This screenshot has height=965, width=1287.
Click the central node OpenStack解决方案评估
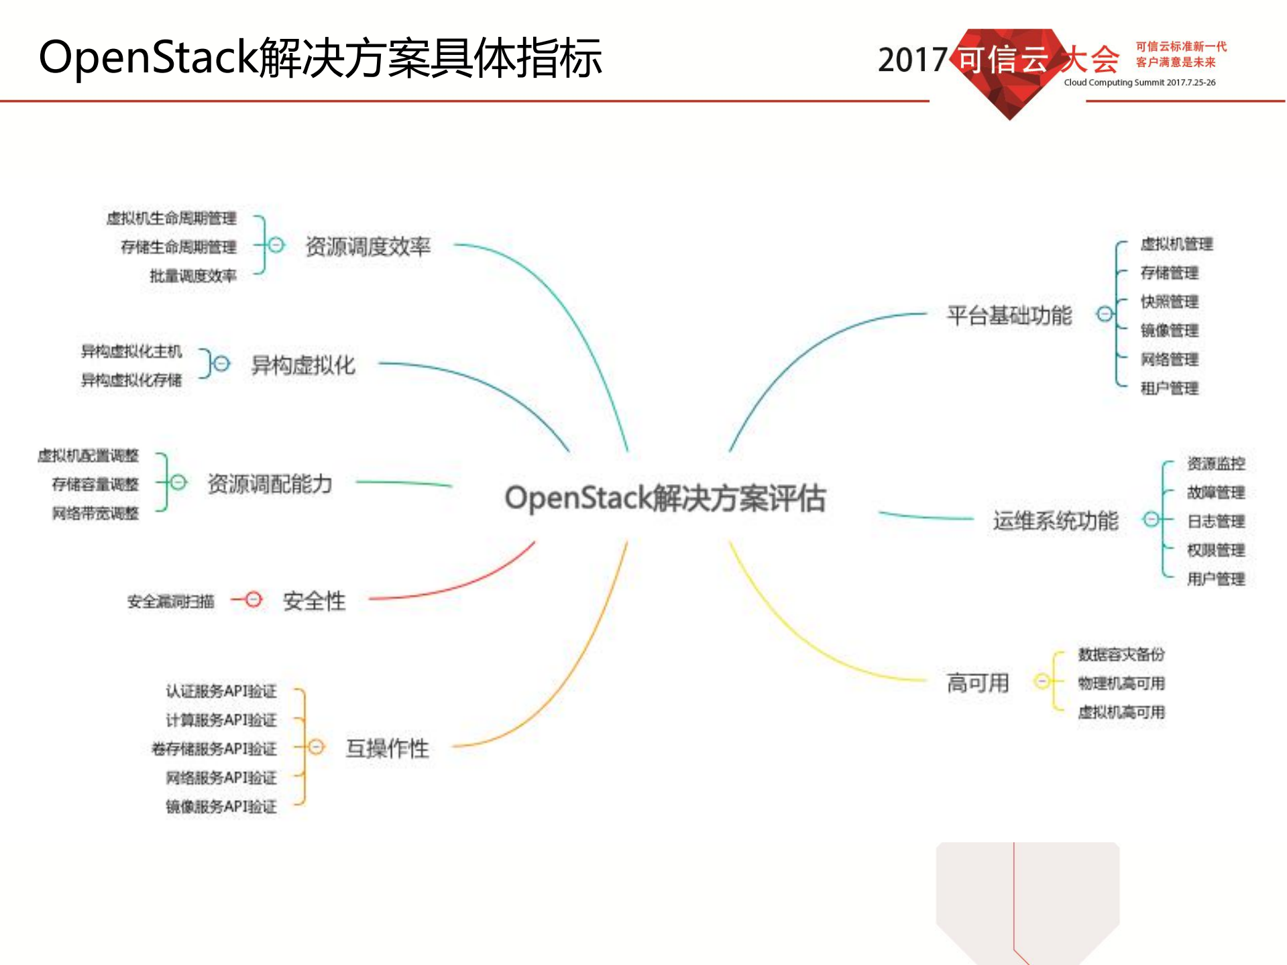[x=665, y=498]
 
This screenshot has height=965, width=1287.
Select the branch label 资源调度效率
[x=368, y=247]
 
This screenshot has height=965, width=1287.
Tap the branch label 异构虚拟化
[x=302, y=365]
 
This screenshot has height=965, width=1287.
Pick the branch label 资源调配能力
[x=270, y=484]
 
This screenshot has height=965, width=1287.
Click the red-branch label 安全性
[x=314, y=601]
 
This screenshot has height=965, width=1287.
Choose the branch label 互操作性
[x=387, y=748]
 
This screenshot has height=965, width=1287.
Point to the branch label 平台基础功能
[x=1009, y=315]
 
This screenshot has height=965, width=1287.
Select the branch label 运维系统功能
[x=1055, y=520]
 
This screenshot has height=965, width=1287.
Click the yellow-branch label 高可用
[x=977, y=683]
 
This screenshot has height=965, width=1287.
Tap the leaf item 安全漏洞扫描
[x=171, y=602]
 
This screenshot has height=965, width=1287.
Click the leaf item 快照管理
[x=1169, y=302]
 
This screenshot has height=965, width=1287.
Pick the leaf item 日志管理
[x=1215, y=521]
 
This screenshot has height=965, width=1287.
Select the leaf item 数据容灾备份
[x=1121, y=655]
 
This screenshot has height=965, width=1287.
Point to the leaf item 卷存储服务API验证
[x=214, y=748]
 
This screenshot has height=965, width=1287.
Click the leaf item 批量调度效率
[x=192, y=276]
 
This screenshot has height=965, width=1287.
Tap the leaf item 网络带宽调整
[x=95, y=513]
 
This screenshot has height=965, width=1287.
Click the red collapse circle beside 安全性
[x=253, y=599]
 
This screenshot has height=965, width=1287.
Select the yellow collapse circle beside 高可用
[x=1042, y=681]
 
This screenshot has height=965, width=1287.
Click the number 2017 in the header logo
[x=912, y=60]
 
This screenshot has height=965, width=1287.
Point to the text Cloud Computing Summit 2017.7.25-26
[x=1139, y=82]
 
